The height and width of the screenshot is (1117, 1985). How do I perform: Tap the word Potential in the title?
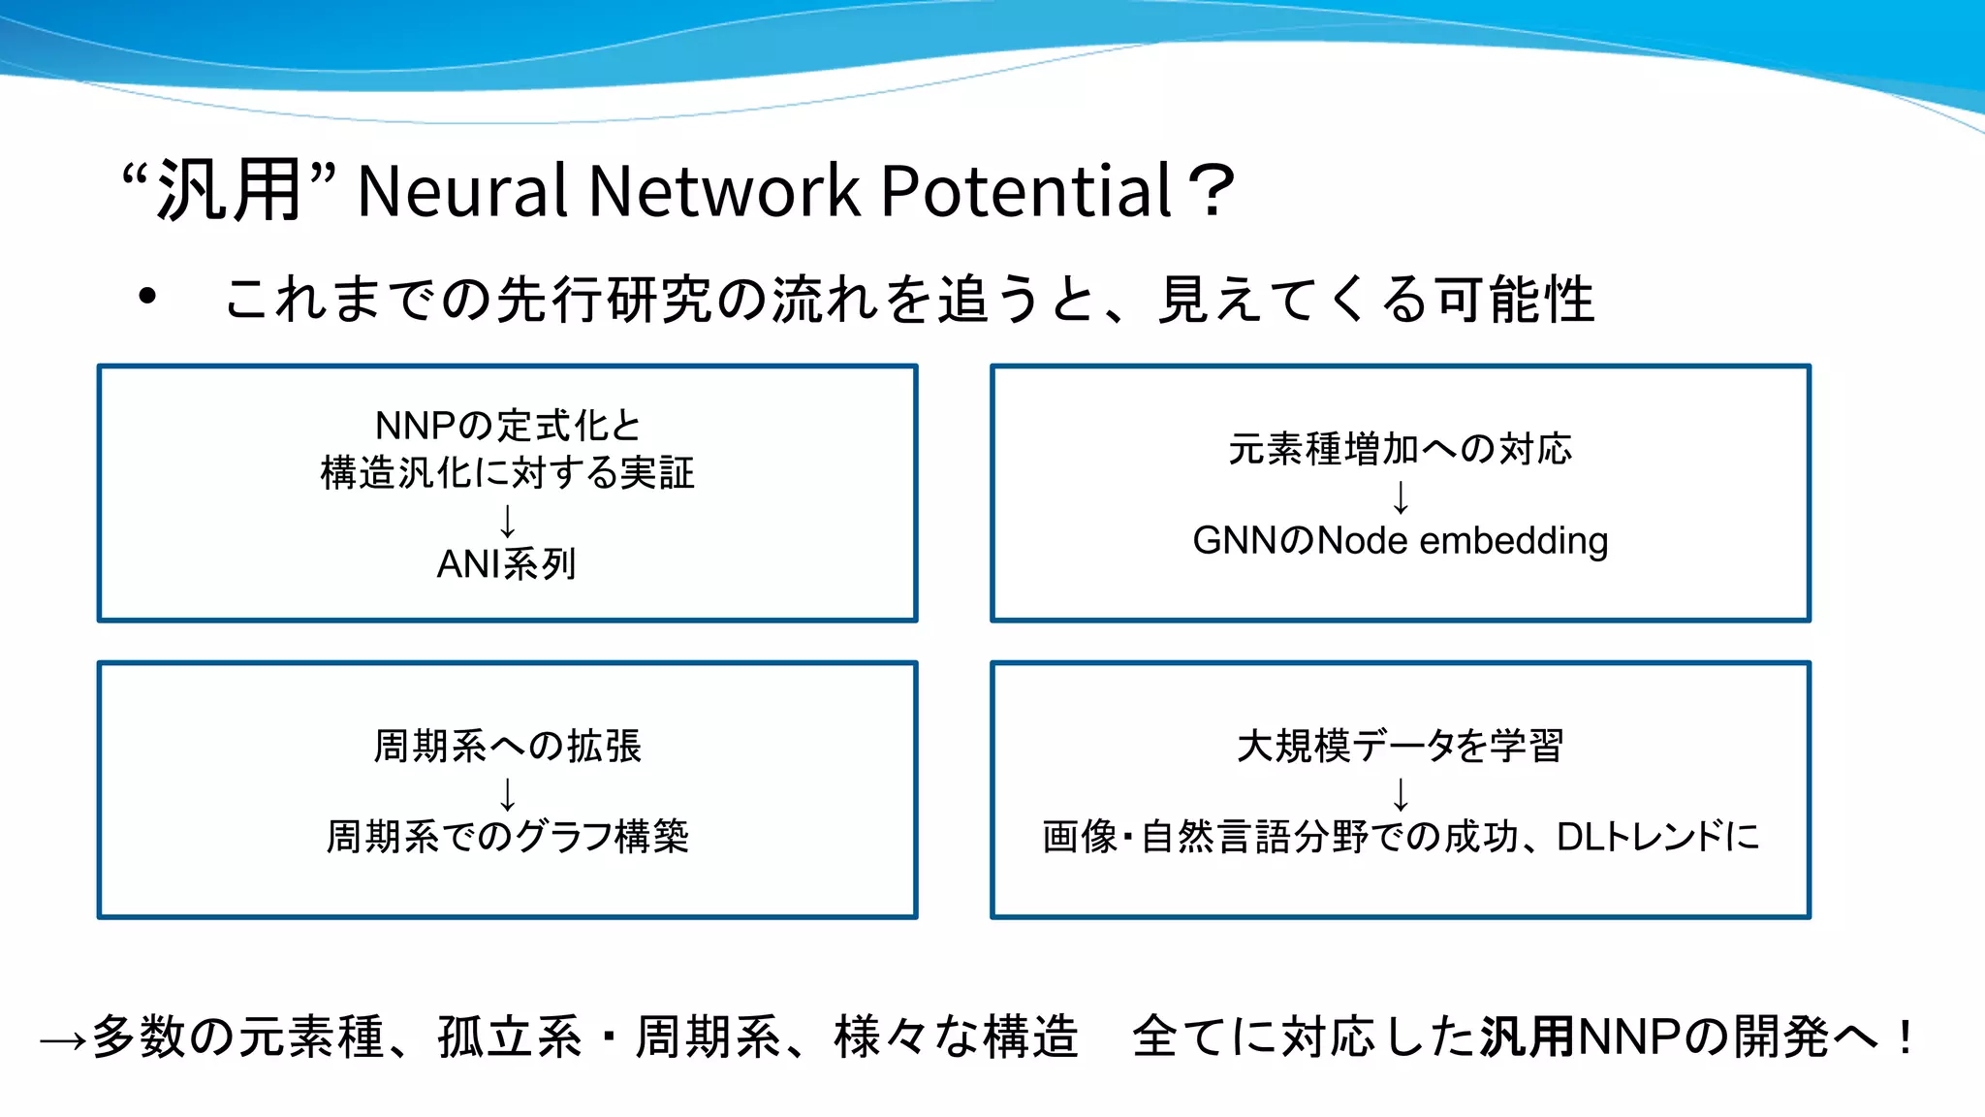point(1027,190)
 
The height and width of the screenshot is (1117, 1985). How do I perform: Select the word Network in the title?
point(724,190)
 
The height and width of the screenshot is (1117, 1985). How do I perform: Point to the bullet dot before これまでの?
point(147,297)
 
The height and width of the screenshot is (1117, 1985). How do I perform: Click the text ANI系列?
point(507,564)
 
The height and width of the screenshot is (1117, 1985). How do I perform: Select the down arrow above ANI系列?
point(507,521)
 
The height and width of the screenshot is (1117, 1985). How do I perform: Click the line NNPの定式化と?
point(507,426)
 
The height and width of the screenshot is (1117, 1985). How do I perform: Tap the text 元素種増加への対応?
point(1400,449)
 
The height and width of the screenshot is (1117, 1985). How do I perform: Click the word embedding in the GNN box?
point(1513,541)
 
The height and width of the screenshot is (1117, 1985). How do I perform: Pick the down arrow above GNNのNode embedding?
point(1401,496)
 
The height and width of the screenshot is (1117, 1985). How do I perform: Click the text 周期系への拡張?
point(507,747)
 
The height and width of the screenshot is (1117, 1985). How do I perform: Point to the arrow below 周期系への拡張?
point(507,793)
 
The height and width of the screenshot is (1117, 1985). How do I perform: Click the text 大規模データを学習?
point(1400,747)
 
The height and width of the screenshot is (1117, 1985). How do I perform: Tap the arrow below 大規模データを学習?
point(1401,793)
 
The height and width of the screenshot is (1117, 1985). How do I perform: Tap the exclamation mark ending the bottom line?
point(1906,1037)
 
